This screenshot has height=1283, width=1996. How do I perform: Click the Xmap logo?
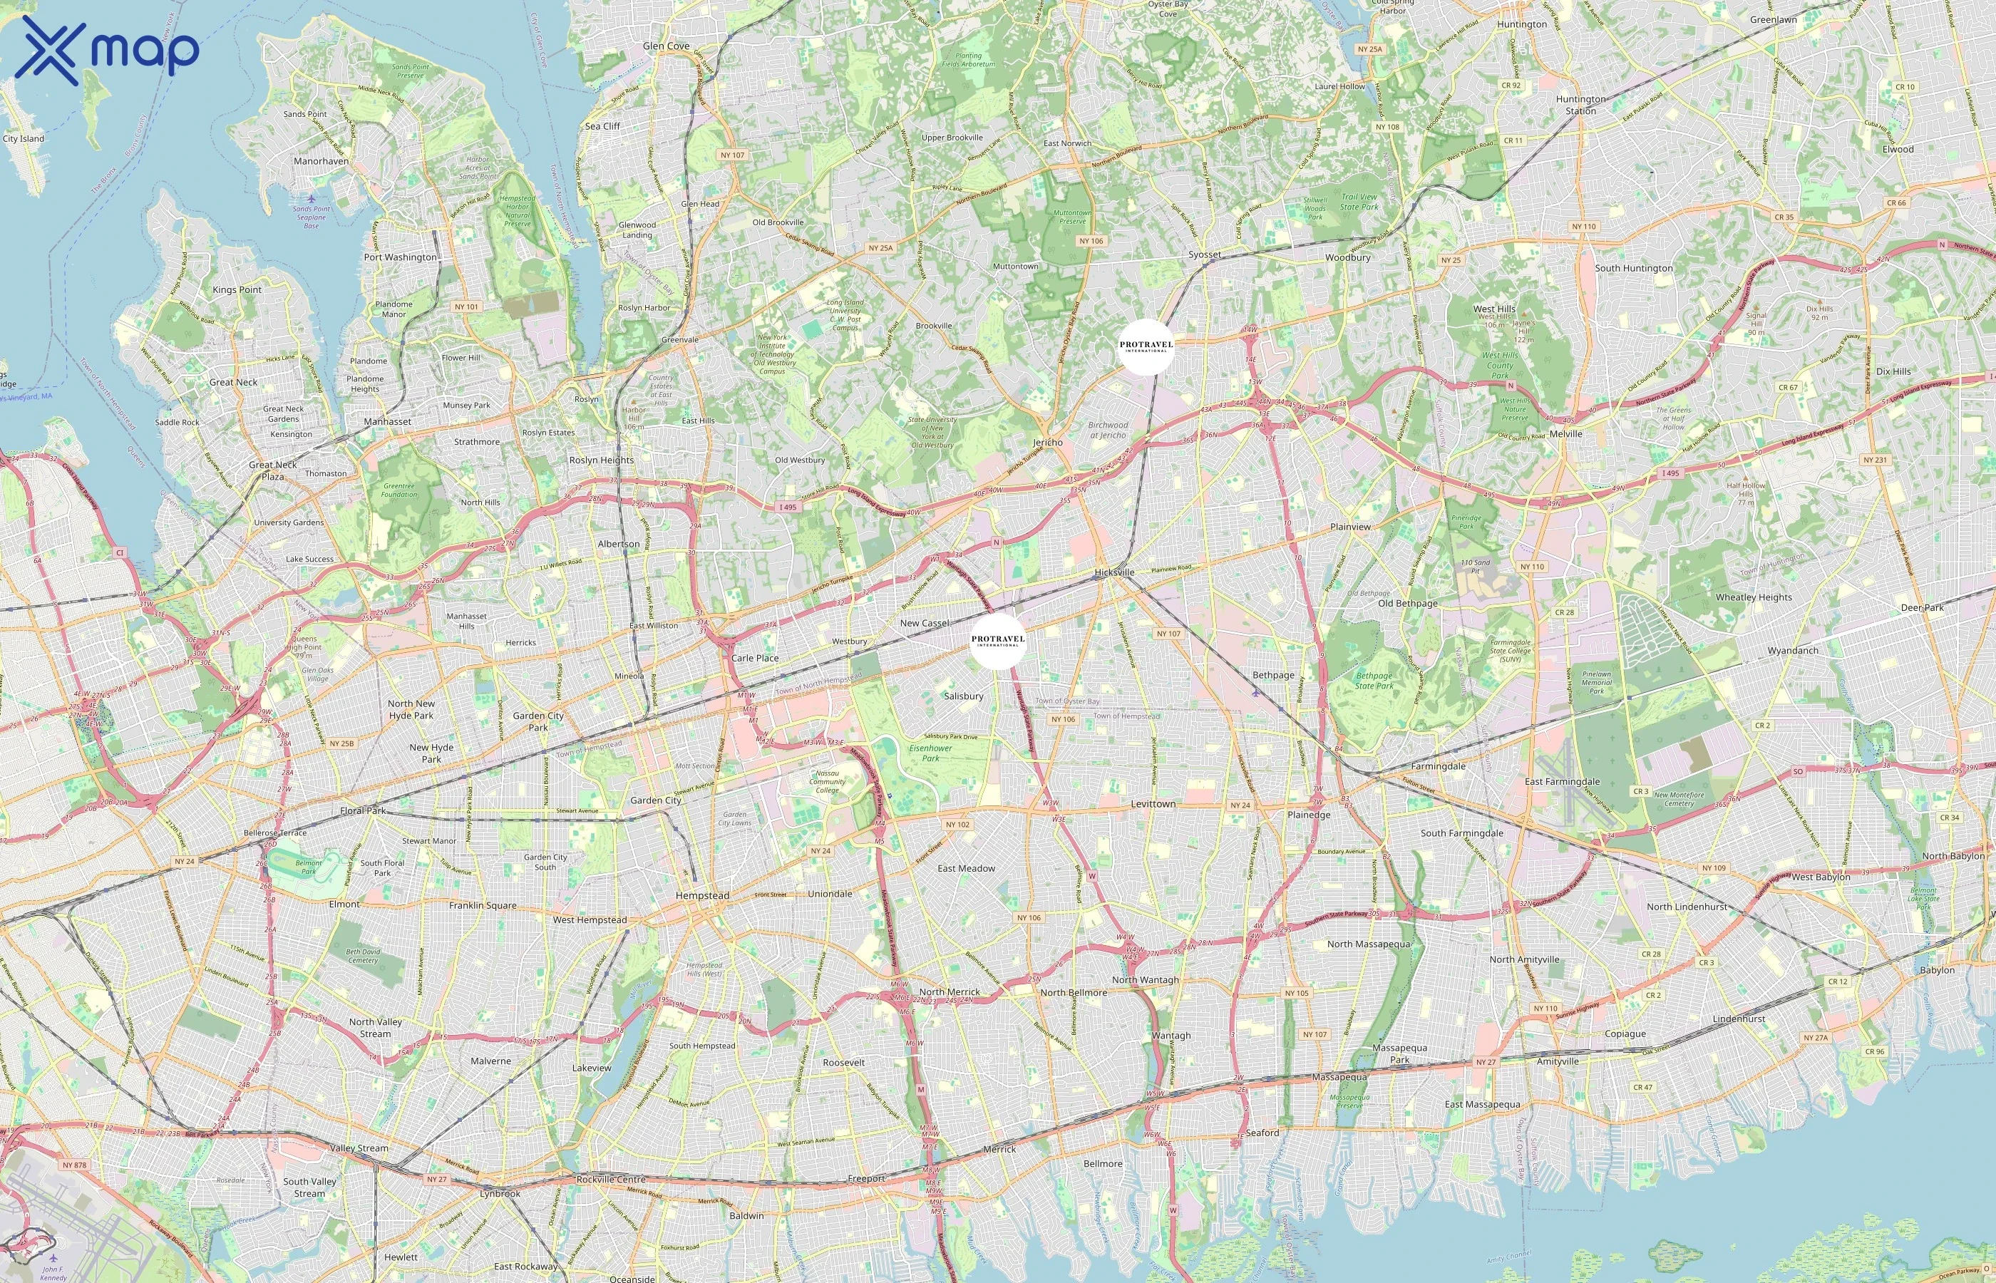pyautogui.click(x=107, y=50)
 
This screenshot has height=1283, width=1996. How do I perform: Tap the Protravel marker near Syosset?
pyautogui.click(x=1146, y=346)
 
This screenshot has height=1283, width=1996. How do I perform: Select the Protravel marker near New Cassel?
pyautogui.click(x=998, y=641)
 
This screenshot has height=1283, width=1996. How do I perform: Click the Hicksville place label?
pyautogui.click(x=1115, y=572)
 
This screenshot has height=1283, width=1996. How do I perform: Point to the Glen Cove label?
pyautogui.click(x=667, y=46)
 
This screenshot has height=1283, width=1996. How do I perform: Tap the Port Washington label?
pyautogui.click(x=400, y=257)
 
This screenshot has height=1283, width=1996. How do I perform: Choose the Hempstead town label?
pyautogui.click(x=702, y=895)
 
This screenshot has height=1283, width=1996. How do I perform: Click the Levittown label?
pyautogui.click(x=1153, y=804)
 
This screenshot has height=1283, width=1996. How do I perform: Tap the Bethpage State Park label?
pyautogui.click(x=1374, y=681)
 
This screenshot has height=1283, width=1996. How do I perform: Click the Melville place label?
pyautogui.click(x=1566, y=434)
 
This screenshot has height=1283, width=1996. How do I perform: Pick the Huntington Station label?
pyautogui.click(x=1581, y=105)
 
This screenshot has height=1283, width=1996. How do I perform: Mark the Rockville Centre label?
pyautogui.click(x=612, y=1179)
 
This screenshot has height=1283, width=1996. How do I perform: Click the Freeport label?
pyautogui.click(x=866, y=1178)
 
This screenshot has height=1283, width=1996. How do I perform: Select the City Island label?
pyautogui.click(x=24, y=138)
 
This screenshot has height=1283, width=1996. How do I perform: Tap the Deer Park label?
pyautogui.click(x=1923, y=607)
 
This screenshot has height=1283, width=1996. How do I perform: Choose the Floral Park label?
pyautogui.click(x=364, y=810)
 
